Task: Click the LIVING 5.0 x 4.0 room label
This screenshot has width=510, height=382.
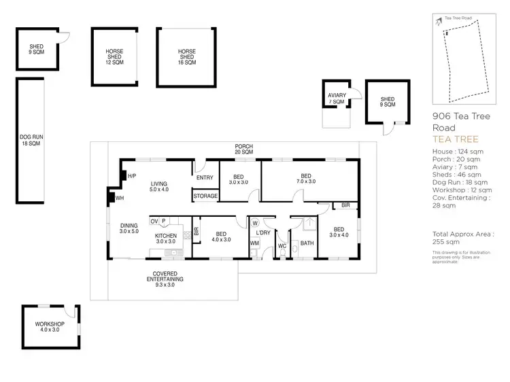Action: pyautogui.click(x=160, y=187)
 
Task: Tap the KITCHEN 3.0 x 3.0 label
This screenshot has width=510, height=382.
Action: pyautogui.click(x=167, y=239)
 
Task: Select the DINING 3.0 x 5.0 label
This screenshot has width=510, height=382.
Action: pyautogui.click(x=129, y=229)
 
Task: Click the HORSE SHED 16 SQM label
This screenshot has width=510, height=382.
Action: pyautogui.click(x=186, y=56)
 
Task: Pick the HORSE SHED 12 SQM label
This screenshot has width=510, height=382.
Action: pyautogui.click(x=114, y=56)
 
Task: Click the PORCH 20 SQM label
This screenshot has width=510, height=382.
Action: pyautogui.click(x=244, y=150)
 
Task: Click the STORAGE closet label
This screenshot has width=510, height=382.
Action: pyautogui.click(x=205, y=196)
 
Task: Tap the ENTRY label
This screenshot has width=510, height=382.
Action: pyautogui.click(x=205, y=178)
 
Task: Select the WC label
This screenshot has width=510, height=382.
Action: pyautogui.click(x=282, y=246)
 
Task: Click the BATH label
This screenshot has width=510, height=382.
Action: pyautogui.click(x=307, y=243)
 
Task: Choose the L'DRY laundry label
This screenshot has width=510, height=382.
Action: pyautogui.click(x=264, y=233)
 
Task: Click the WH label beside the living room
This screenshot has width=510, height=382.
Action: pyautogui.click(x=120, y=198)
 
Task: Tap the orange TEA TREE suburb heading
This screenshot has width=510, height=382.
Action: pyautogui.click(x=451, y=139)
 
